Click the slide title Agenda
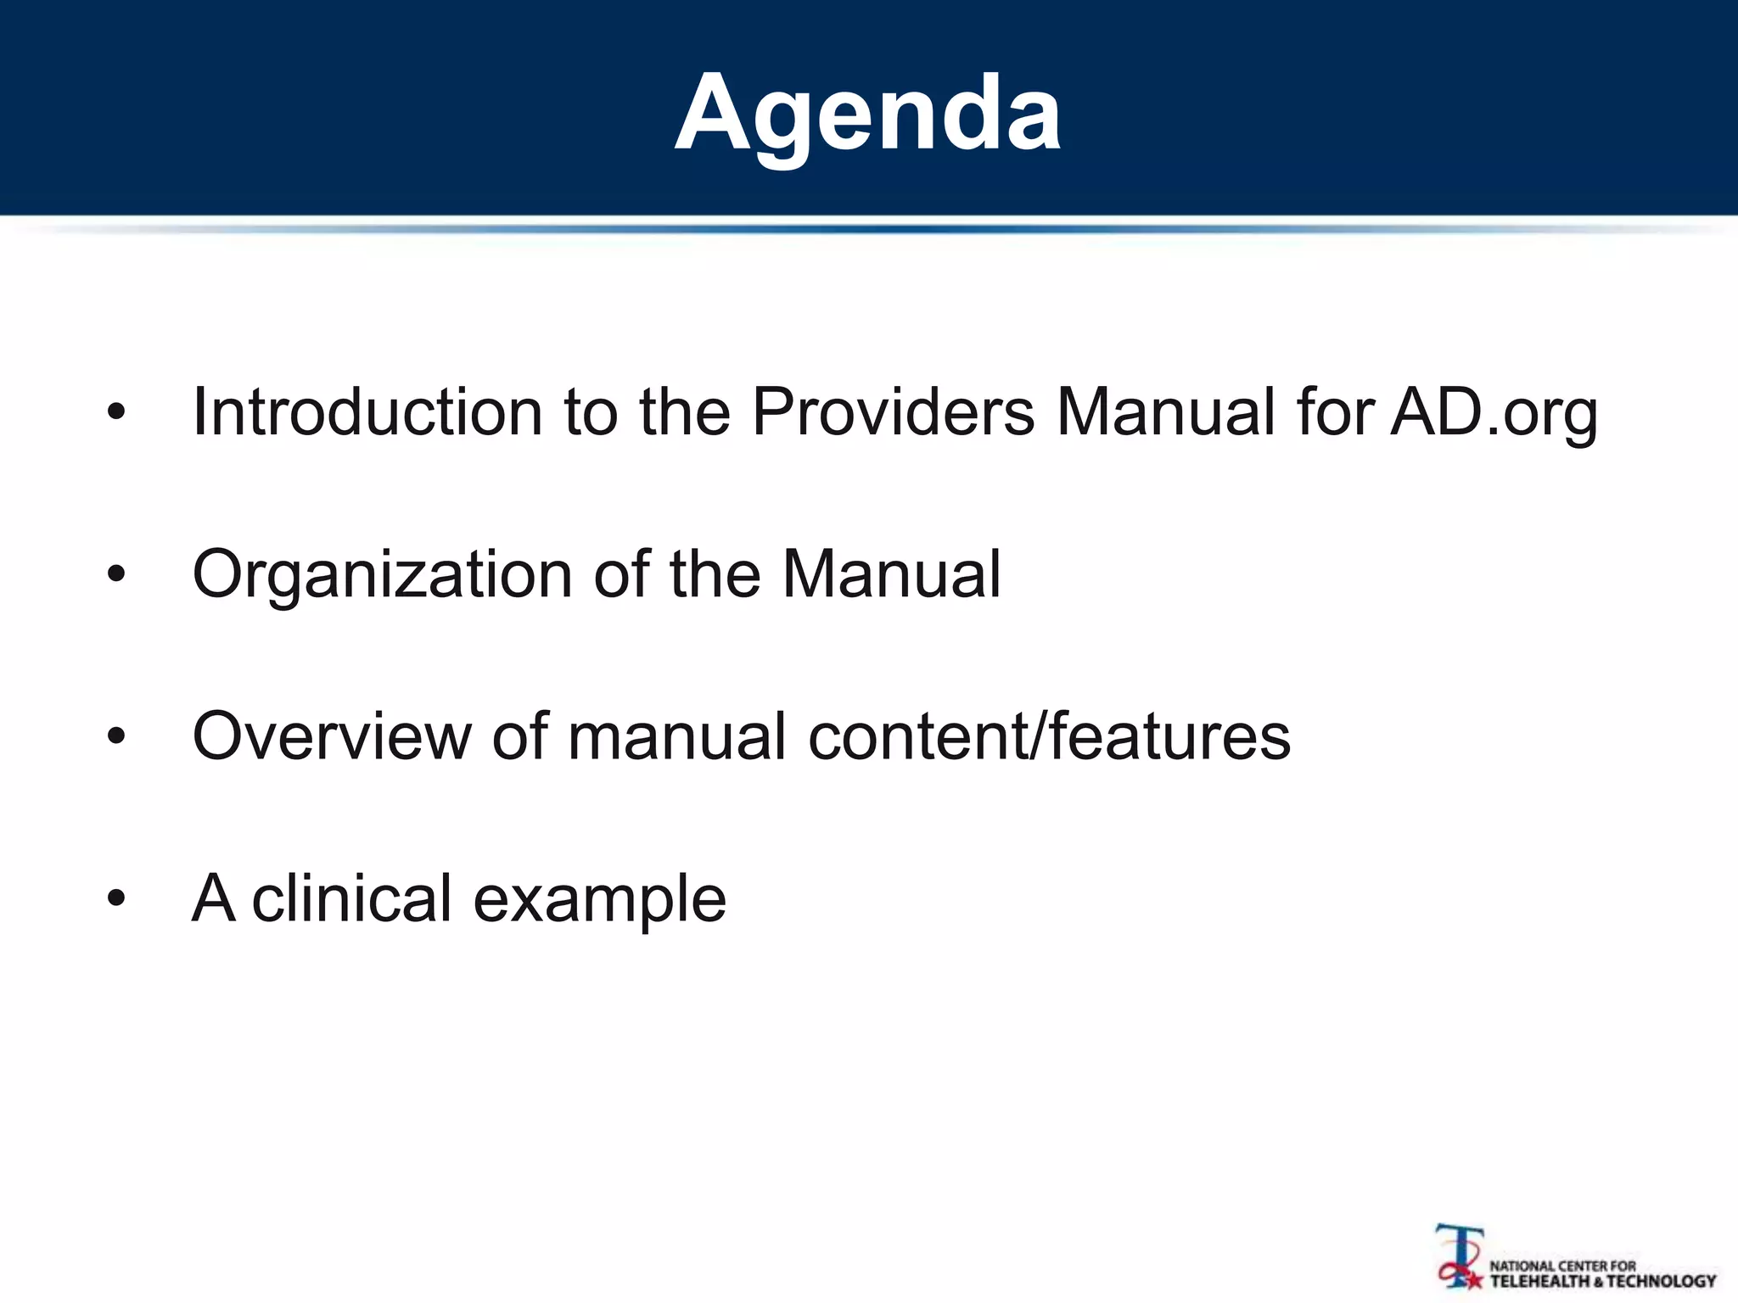coord(867,113)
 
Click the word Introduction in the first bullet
coord(367,412)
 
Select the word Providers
coord(893,412)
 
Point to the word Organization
coord(382,575)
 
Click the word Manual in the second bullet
coord(891,574)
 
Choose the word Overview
coord(331,735)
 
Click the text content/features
coord(1050,735)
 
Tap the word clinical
coord(351,898)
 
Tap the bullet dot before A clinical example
coord(116,899)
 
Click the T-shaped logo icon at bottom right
coord(1459,1255)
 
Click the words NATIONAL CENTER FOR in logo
coord(1562,1266)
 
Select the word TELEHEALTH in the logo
coord(1539,1281)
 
